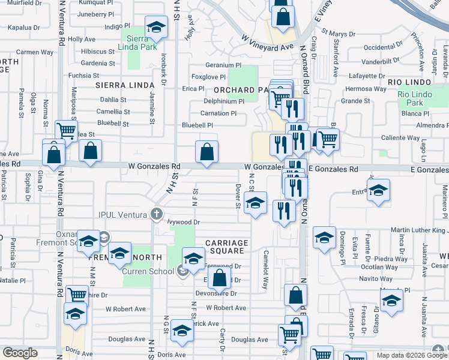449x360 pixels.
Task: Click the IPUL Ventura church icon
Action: pyautogui.click(x=156, y=214)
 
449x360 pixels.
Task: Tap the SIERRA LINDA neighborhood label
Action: pyautogui.click(x=125, y=85)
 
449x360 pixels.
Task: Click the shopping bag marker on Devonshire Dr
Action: pyautogui.click(x=220, y=278)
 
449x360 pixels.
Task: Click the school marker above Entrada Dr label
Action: pyautogui.click(x=378, y=191)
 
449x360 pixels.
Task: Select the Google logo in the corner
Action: pyautogui.click(x=19, y=353)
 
